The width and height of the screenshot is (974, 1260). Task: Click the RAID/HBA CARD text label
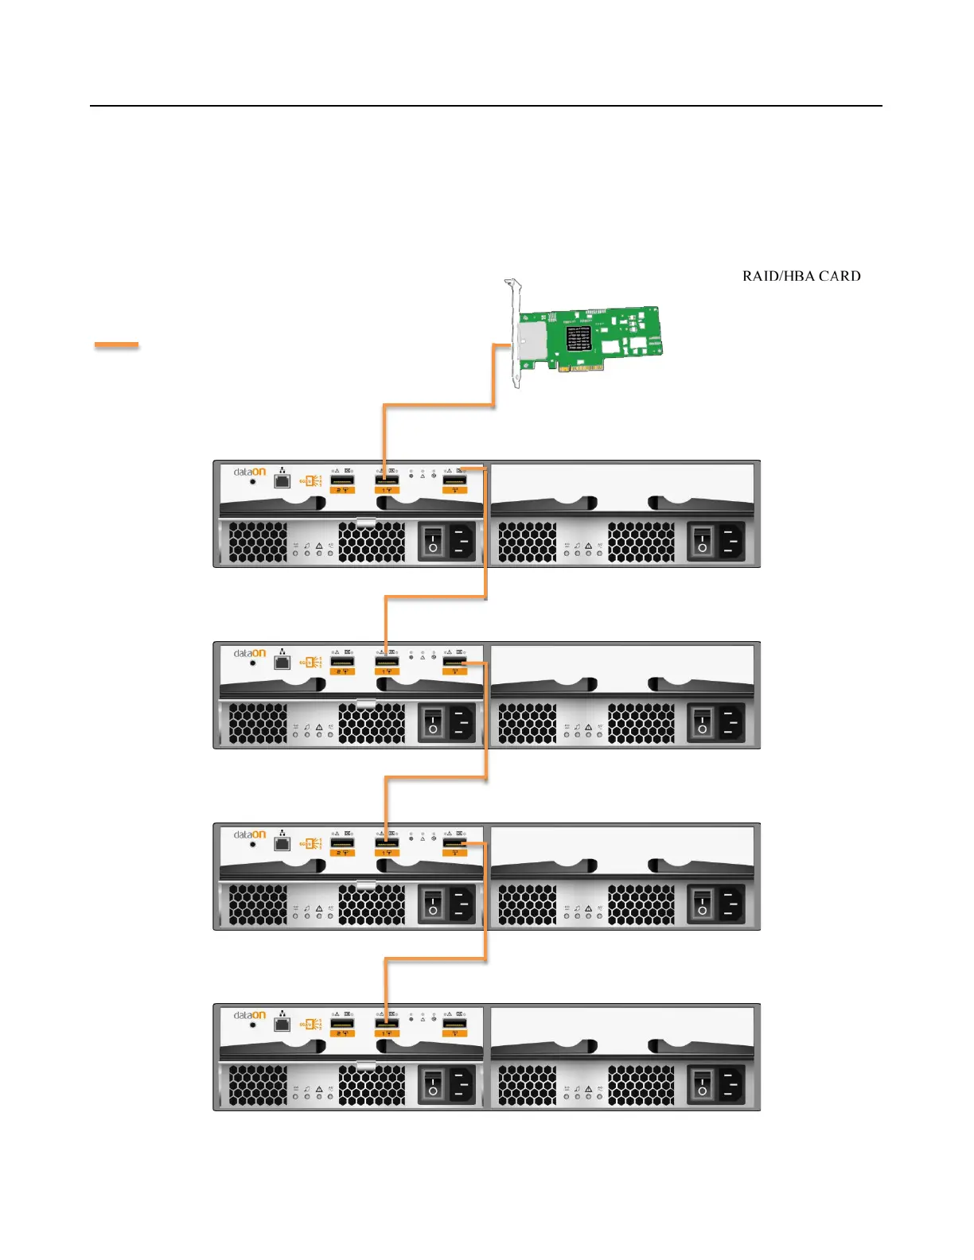pyautogui.click(x=801, y=276)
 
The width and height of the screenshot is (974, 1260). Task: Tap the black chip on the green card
pyautogui.click(x=578, y=337)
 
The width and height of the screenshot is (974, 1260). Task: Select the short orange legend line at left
pyautogui.click(x=116, y=345)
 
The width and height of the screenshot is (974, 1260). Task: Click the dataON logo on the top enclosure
pyautogui.click(x=249, y=472)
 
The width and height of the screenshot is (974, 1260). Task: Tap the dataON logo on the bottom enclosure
pyautogui.click(x=249, y=1015)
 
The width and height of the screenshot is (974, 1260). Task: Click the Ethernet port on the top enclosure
pyautogui.click(x=282, y=480)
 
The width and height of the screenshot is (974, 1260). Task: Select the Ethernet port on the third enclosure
pyautogui.click(x=282, y=843)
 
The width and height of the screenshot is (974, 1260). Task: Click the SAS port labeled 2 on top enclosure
pyautogui.click(x=342, y=480)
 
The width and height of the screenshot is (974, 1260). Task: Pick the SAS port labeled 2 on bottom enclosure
pyautogui.click(x=342, y=1024)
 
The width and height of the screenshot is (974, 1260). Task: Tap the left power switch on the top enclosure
pyautogui.click(x=432, y=542)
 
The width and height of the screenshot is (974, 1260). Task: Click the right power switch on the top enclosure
pyautogui.click(x=701, y=542)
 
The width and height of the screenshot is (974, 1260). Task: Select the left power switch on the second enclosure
pyautogui.click(x=432, y=724)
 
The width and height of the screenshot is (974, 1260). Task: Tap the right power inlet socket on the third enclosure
pyautogui.click(x=730, y=905)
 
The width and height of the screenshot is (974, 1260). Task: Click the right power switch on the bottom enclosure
pyautogui.click(x=701, y=1086)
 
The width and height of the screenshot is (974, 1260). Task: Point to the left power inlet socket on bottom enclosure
pyautogui.click(x=461, y=1086)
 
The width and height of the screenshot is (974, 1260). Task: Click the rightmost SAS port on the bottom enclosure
pyautogui.click(x=454, y=1024)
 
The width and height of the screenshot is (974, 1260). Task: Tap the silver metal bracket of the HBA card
pyautogui.click(x=515, y=334)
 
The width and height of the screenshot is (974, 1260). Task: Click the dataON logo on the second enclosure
pyautogui.click(x=249, y=653)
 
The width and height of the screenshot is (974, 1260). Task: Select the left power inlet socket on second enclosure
pyautogui.click(x=461, y=724)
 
